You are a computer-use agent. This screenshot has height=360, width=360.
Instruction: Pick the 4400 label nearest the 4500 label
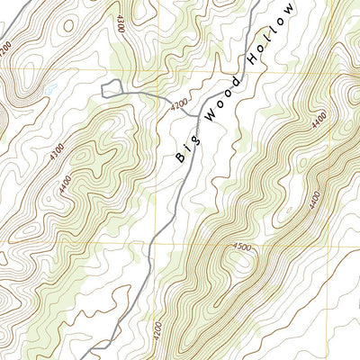point(314,193)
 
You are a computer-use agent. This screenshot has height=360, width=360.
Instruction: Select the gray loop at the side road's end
point(112,87)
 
